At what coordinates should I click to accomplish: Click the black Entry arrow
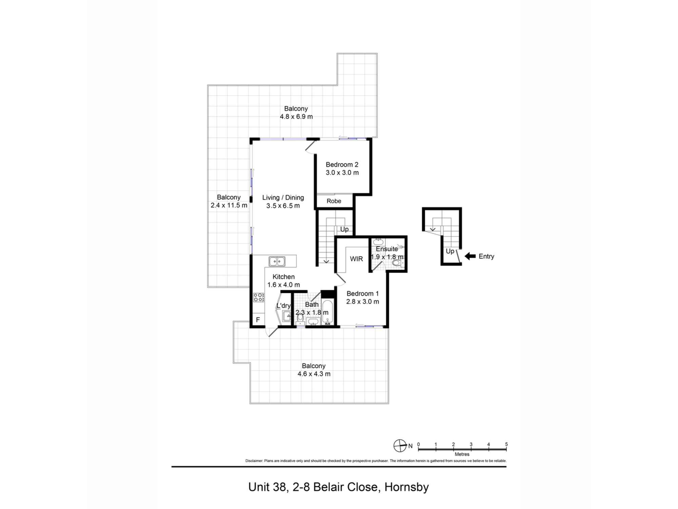[470, 256]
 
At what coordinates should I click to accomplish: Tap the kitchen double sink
[277, 261]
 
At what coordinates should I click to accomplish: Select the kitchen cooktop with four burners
[259, 298]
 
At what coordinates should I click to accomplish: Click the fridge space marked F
[258, 320]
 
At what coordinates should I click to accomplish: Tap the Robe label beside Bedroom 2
[334, 201]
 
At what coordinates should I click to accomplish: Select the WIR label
[356, 259]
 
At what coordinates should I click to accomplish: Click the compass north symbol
[400, 446]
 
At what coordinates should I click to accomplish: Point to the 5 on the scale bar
[506, 444]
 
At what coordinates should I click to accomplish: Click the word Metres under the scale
[462, 454]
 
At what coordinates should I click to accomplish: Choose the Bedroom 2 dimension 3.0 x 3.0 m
[342, 173]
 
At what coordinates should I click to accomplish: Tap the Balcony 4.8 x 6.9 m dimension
[296, 117]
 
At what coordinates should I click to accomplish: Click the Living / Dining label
[283, 197]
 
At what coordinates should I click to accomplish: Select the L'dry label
[284, 306]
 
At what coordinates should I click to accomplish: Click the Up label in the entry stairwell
[450, 251]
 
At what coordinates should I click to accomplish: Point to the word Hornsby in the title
[406, 487]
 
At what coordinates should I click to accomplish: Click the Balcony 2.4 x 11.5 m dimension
[229, 205]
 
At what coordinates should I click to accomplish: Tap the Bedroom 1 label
[362, 294]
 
